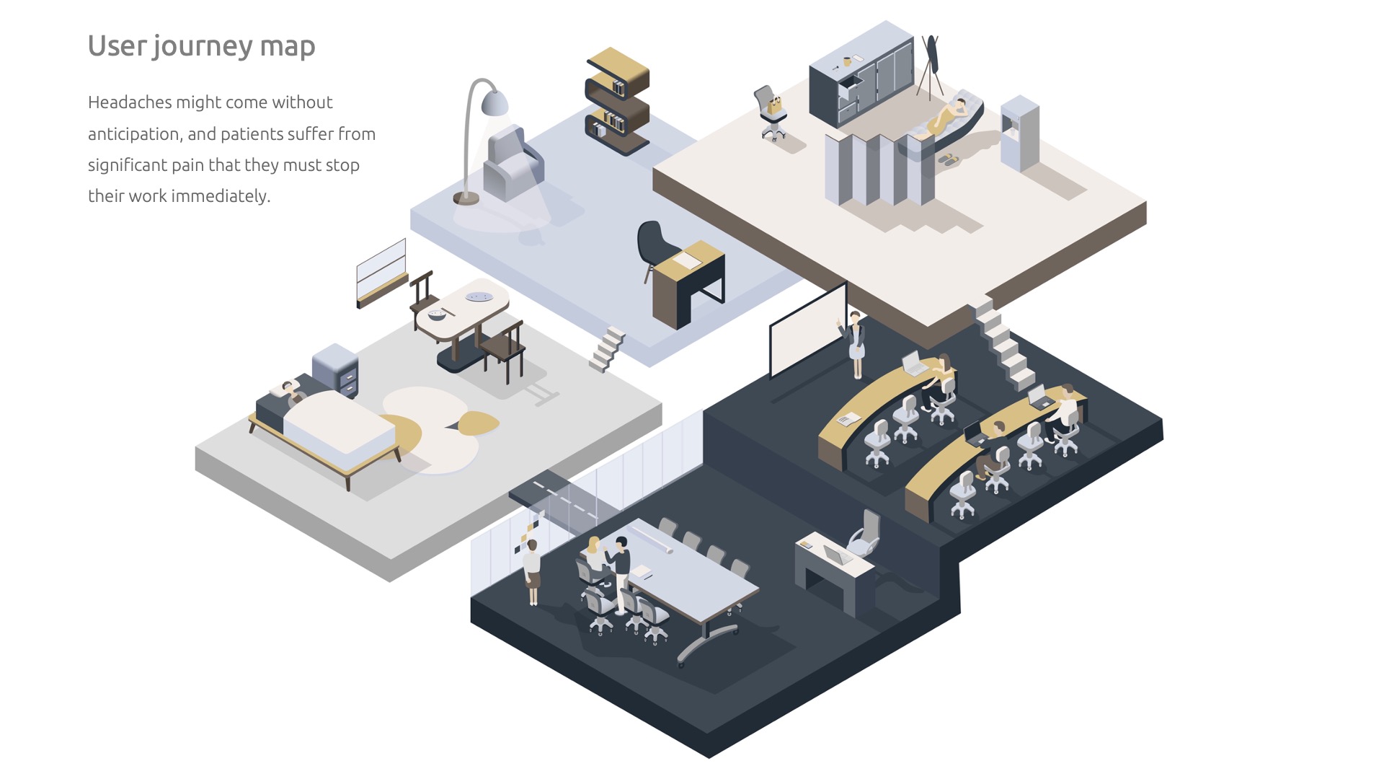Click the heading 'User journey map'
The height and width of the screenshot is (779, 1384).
click(201, 46)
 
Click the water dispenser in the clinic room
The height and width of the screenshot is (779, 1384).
click(1019, 133)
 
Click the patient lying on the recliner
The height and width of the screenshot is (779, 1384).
click(948, 115)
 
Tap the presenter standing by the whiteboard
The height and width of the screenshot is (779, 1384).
click(856, 343)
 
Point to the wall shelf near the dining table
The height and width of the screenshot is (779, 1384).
click(381, 272)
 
